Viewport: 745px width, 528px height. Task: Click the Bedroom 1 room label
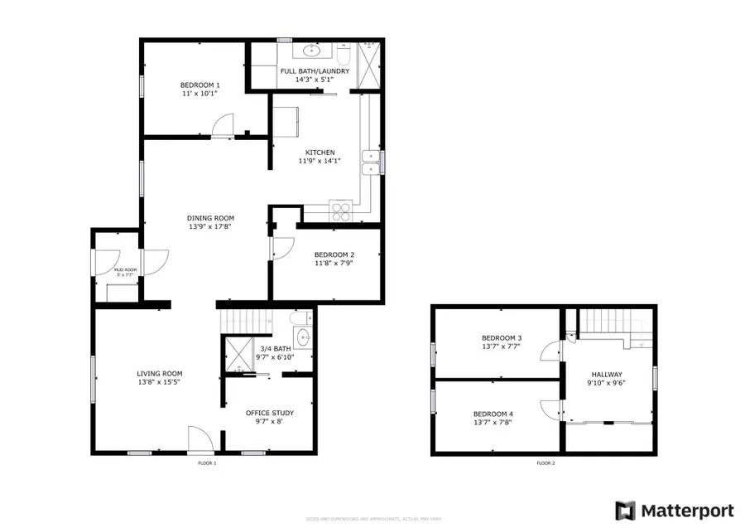tap(200, 85)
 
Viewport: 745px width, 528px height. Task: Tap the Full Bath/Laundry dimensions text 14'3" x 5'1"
tap(315, 80)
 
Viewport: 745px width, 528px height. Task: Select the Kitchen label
tap(320, 153)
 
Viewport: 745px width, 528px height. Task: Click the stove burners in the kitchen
tap(341, 211)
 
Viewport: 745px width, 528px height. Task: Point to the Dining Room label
tap(208, 218)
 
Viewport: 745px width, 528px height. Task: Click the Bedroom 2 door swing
tap(281, 246)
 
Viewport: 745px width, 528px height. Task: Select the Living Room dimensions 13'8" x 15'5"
tap(160, 382)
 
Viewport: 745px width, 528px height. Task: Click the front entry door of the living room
tap(199, 438)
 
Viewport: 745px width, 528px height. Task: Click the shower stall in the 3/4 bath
tap(238, 355)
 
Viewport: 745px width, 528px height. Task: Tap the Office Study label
tap(270, 413)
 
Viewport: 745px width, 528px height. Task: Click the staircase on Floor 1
tap(244, 319)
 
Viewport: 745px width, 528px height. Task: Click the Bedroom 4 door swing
tap(550, 409)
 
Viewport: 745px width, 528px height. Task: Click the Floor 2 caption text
tap(546, 463)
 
